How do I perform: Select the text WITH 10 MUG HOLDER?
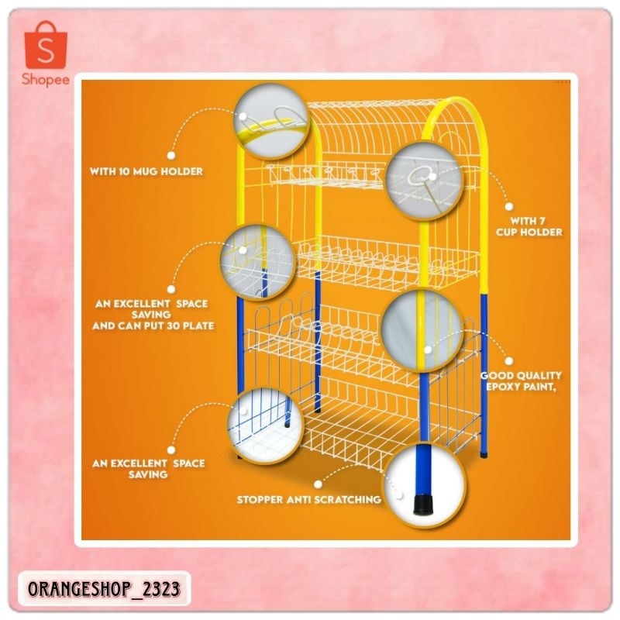[147, 170]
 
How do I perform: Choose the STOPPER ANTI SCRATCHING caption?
[308, 500]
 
